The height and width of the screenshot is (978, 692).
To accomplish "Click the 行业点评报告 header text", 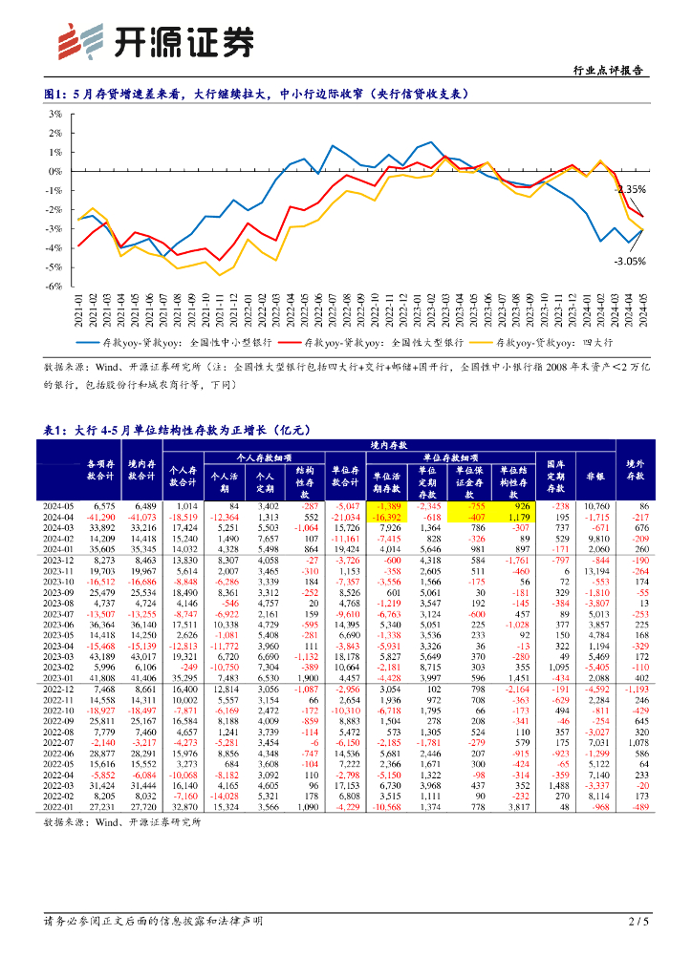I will coord(607,71).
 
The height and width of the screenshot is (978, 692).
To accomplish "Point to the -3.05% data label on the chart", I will coord(629,260).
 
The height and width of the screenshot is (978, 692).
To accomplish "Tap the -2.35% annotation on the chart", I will coord(630,189).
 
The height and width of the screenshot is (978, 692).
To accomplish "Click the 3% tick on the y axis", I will coord(54,114).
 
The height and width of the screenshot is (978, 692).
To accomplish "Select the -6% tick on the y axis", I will coord(54,286).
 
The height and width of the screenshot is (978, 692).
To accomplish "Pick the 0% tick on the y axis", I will coord(54,171).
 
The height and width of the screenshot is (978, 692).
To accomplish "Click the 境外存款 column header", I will coord(636,471).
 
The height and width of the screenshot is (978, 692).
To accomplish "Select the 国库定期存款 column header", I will coord(555,471).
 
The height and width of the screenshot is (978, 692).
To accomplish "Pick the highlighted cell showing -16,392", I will coord(387,517).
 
